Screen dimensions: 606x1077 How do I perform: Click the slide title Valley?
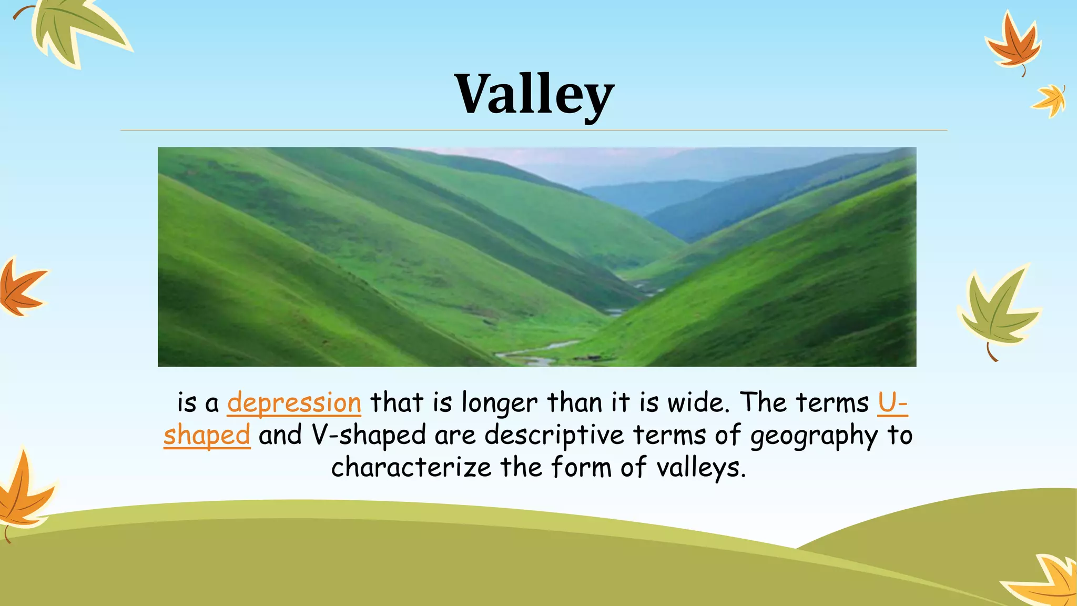click(x=534, y=95)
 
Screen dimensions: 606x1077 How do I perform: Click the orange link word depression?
click(x=294, y=403)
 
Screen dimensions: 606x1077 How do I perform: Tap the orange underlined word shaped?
click(x=207, y=436)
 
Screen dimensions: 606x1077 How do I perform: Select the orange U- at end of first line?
click(x=892, y=403)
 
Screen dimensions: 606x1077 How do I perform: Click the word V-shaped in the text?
click(x=369, y=436)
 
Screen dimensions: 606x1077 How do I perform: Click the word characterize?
click(x=411, y=467)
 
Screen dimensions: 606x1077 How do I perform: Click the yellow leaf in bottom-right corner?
click(x=1046, y=581)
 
